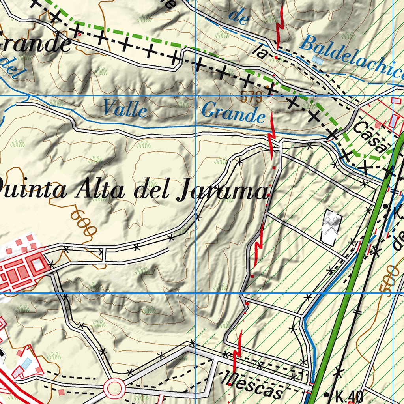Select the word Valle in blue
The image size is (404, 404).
coord(124,108)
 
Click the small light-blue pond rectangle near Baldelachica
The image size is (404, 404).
coord(316,59)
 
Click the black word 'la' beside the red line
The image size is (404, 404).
coord(261,52)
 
